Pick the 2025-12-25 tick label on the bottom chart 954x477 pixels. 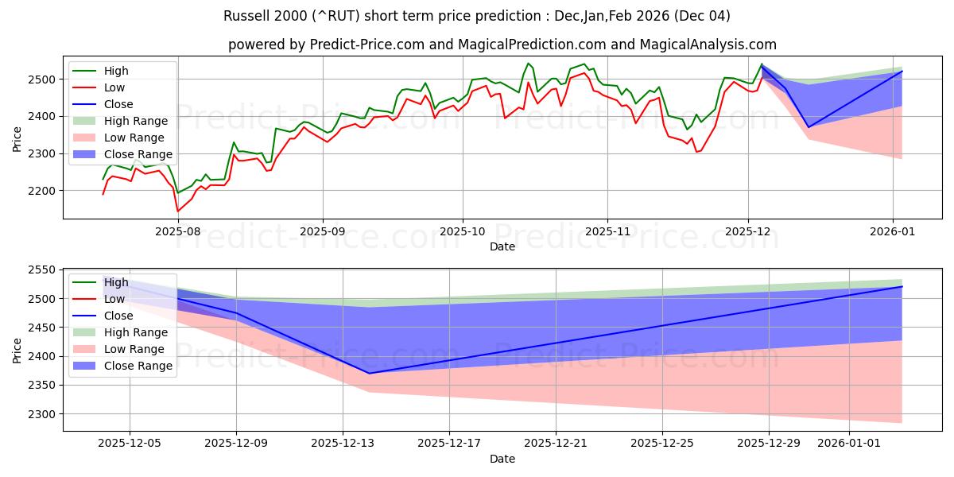click(662, 444)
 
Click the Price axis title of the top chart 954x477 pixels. click(17, 137)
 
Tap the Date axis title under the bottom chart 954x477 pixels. click(502, 459)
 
